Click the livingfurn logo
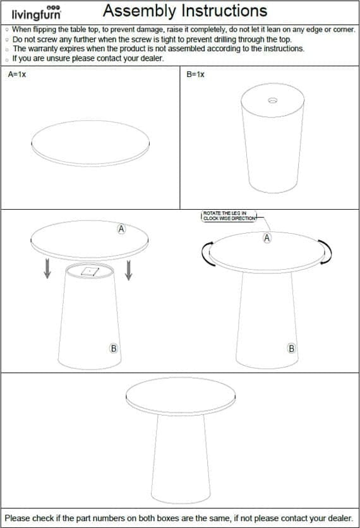click(37, 13)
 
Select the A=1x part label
click(17, 74)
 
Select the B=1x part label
click(195, 74)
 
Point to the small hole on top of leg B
click(273, 100)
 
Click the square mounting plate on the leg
click(90, 272)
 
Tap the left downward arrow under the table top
click(47, 268)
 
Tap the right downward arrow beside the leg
click(128, 270)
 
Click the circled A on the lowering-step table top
click(121, 229)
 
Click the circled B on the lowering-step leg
click(114, 348)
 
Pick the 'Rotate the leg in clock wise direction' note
click(229, 216)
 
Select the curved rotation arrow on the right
click(327, 252)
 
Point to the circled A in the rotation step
click(267, 238)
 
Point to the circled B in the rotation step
click(292, 348)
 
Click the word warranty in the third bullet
click(44, 49)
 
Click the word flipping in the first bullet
click(45, 30)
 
